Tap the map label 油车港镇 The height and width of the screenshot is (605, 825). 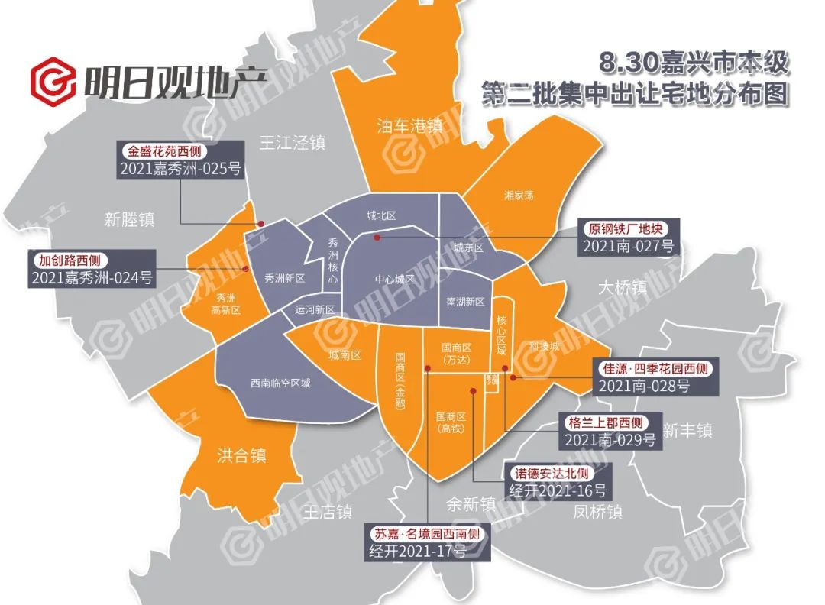pos(410,126)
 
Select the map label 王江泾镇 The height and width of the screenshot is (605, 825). pos(293,142)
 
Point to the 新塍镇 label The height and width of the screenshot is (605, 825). pos(130,220)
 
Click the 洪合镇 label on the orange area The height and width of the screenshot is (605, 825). pos(241,456)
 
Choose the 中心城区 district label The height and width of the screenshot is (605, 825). pos(395,280)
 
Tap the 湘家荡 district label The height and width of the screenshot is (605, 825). pos(519,196)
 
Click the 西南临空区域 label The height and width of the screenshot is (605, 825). pos(281,383)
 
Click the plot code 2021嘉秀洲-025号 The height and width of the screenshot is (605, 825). pos(180,170)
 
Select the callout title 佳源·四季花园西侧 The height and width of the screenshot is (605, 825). pos(655,369)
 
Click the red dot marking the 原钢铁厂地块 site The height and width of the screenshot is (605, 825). pos(377,238)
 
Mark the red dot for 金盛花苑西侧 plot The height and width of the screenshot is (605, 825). pos(260,224)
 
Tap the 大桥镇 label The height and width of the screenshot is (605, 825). pos(622,287)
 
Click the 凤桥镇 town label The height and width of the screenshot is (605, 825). pos(597,512)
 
